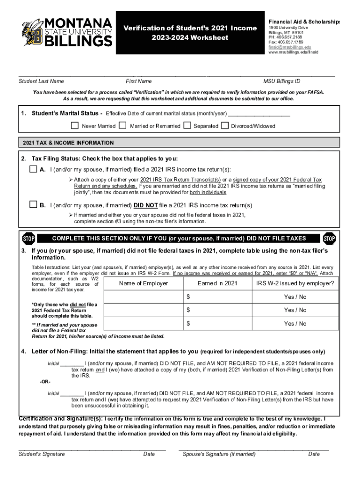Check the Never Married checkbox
click(75, 126)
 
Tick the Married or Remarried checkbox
click(122, 126)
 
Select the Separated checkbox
click(187, 126)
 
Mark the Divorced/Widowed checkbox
click(225, 126)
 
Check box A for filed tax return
click(33, 169)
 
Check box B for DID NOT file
click(33, 204)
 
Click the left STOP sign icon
click(29, 239)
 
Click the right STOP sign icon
click(329, 239)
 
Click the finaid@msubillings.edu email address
click(290, 47)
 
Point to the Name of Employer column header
click(144, 283)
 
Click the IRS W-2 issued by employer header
click(295, 283)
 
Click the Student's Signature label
click(42, 454)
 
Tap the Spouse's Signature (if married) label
click(219, 454)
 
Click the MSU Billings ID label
click(282, 81)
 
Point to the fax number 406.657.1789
click(286, 43)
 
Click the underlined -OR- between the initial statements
click(44, 382)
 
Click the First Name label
click(139, 81)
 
